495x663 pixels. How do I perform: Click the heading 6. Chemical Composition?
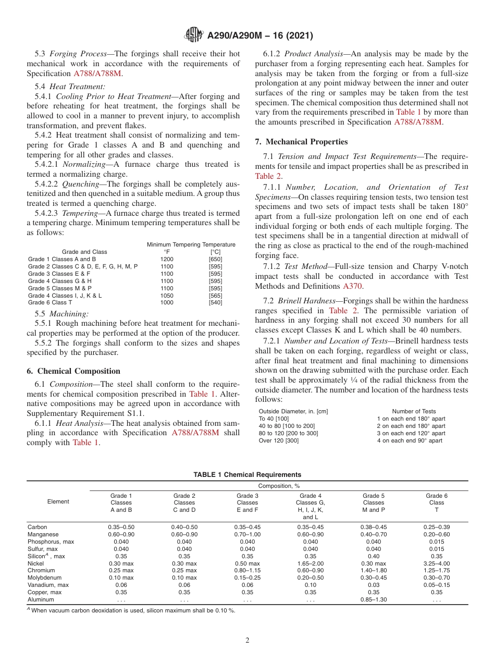[73, 371]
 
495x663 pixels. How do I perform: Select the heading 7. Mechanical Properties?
[301, 142]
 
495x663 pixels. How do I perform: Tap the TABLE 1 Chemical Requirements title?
[247, 474]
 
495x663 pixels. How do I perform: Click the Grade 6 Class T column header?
[436, 502]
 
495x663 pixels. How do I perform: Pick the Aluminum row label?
[40, 599]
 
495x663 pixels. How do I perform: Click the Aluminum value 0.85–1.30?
[373, 599]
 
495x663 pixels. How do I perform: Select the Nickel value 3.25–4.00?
[436, 563]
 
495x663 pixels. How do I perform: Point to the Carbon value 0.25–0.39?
[436, 527]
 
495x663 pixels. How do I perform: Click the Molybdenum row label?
[43, 578]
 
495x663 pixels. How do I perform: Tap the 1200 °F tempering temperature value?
[167, 259]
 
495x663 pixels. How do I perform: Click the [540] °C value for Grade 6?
[215, 302]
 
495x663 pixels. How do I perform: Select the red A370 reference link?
[352, 286]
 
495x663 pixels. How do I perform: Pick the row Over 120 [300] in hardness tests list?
[278, 440]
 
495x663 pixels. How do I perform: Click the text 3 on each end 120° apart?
[411, 433]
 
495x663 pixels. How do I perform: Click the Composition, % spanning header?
[279, 486]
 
